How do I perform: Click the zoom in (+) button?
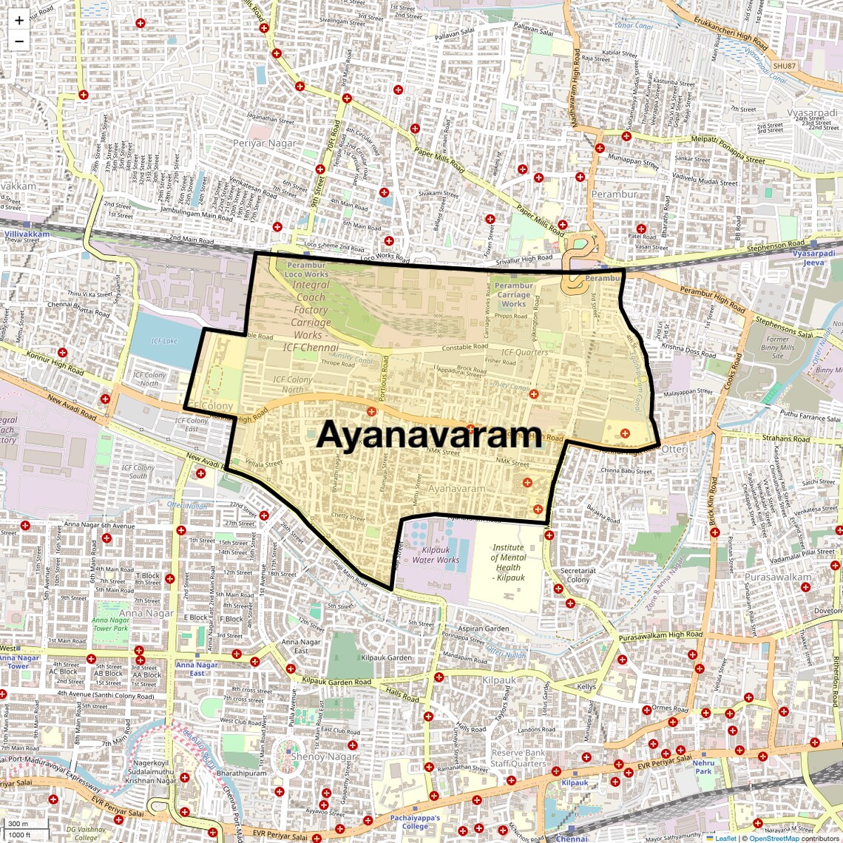pyautogui.click(x=19, y=21)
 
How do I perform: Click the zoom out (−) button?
pyautogui.click(x=19, y=41)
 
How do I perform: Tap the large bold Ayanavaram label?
pyautogui.click(x=429, y=435)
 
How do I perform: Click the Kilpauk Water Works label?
pyautogui.click(x=436, y=555)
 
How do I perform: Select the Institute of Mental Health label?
pyautogui.click(x=509, y=563)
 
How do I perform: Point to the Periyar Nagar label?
pyautogui.click(x=265, y=143)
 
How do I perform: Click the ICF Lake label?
pyautogui.click(x=164, y=341)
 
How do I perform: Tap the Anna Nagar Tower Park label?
pyautogui.click(x=111, y=624)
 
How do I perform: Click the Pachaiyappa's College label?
pyautogui.click(x=415, y=822)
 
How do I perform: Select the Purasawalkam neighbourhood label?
pyautogui.click(x=778, y=577)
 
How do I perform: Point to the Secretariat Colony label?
pyautogui.click(x=578, y=575)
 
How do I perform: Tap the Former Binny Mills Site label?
pyautogui.click(x=778, y=348)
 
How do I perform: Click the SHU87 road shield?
pyautogui.click(x=784, y=66)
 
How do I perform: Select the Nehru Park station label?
pyautogui.click(x=703, y=767)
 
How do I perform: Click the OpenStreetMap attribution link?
pyautogui.click(x=774, y=838)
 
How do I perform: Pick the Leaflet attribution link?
pyautogui.click(x=725, y=838)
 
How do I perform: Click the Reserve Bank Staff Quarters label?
pyautogui.click(x=518, y=758)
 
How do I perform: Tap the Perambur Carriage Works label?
pyautogui.click(x=513, y=294)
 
